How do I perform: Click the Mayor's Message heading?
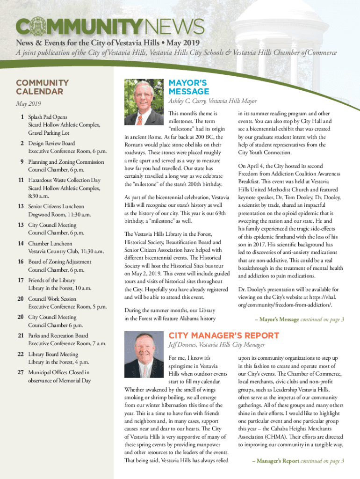point(188,87)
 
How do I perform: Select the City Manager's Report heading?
point(223,335)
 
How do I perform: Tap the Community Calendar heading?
point(43,87)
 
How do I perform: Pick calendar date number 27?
point(21,372)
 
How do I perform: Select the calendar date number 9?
point(22,162)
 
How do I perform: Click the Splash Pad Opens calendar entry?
point(48,116)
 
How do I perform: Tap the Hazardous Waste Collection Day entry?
point(64,180)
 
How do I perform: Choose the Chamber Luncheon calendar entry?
point(50,244)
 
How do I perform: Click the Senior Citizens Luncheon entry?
point(56,206)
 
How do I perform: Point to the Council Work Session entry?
point(52,298)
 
